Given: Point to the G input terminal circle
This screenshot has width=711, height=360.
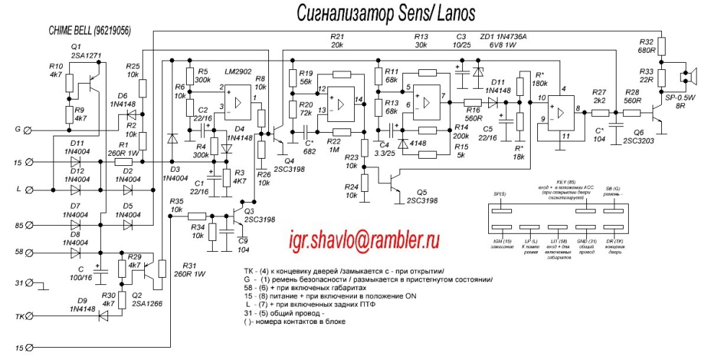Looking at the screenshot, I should (x=27, y=131).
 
